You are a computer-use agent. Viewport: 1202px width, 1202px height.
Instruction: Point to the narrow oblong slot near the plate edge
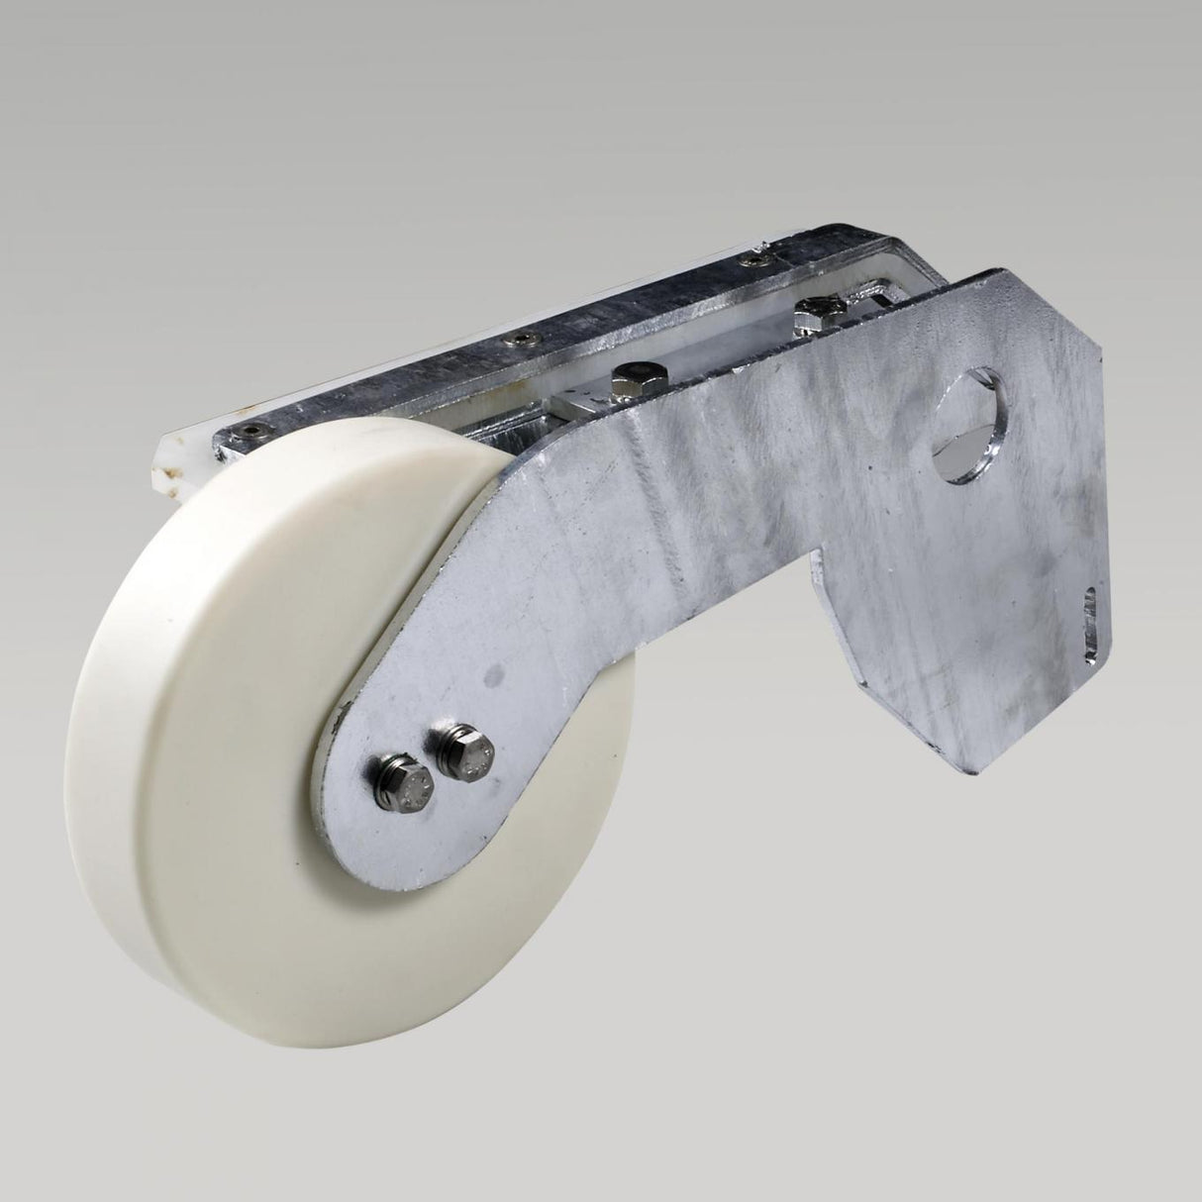1092,624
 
